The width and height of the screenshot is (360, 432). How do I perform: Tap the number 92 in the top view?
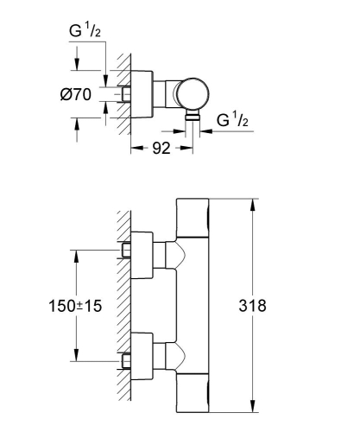pos(161,148)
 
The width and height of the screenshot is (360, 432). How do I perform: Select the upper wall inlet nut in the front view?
pos(126,251)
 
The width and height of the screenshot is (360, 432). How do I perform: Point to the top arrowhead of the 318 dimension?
pos(253,204)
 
